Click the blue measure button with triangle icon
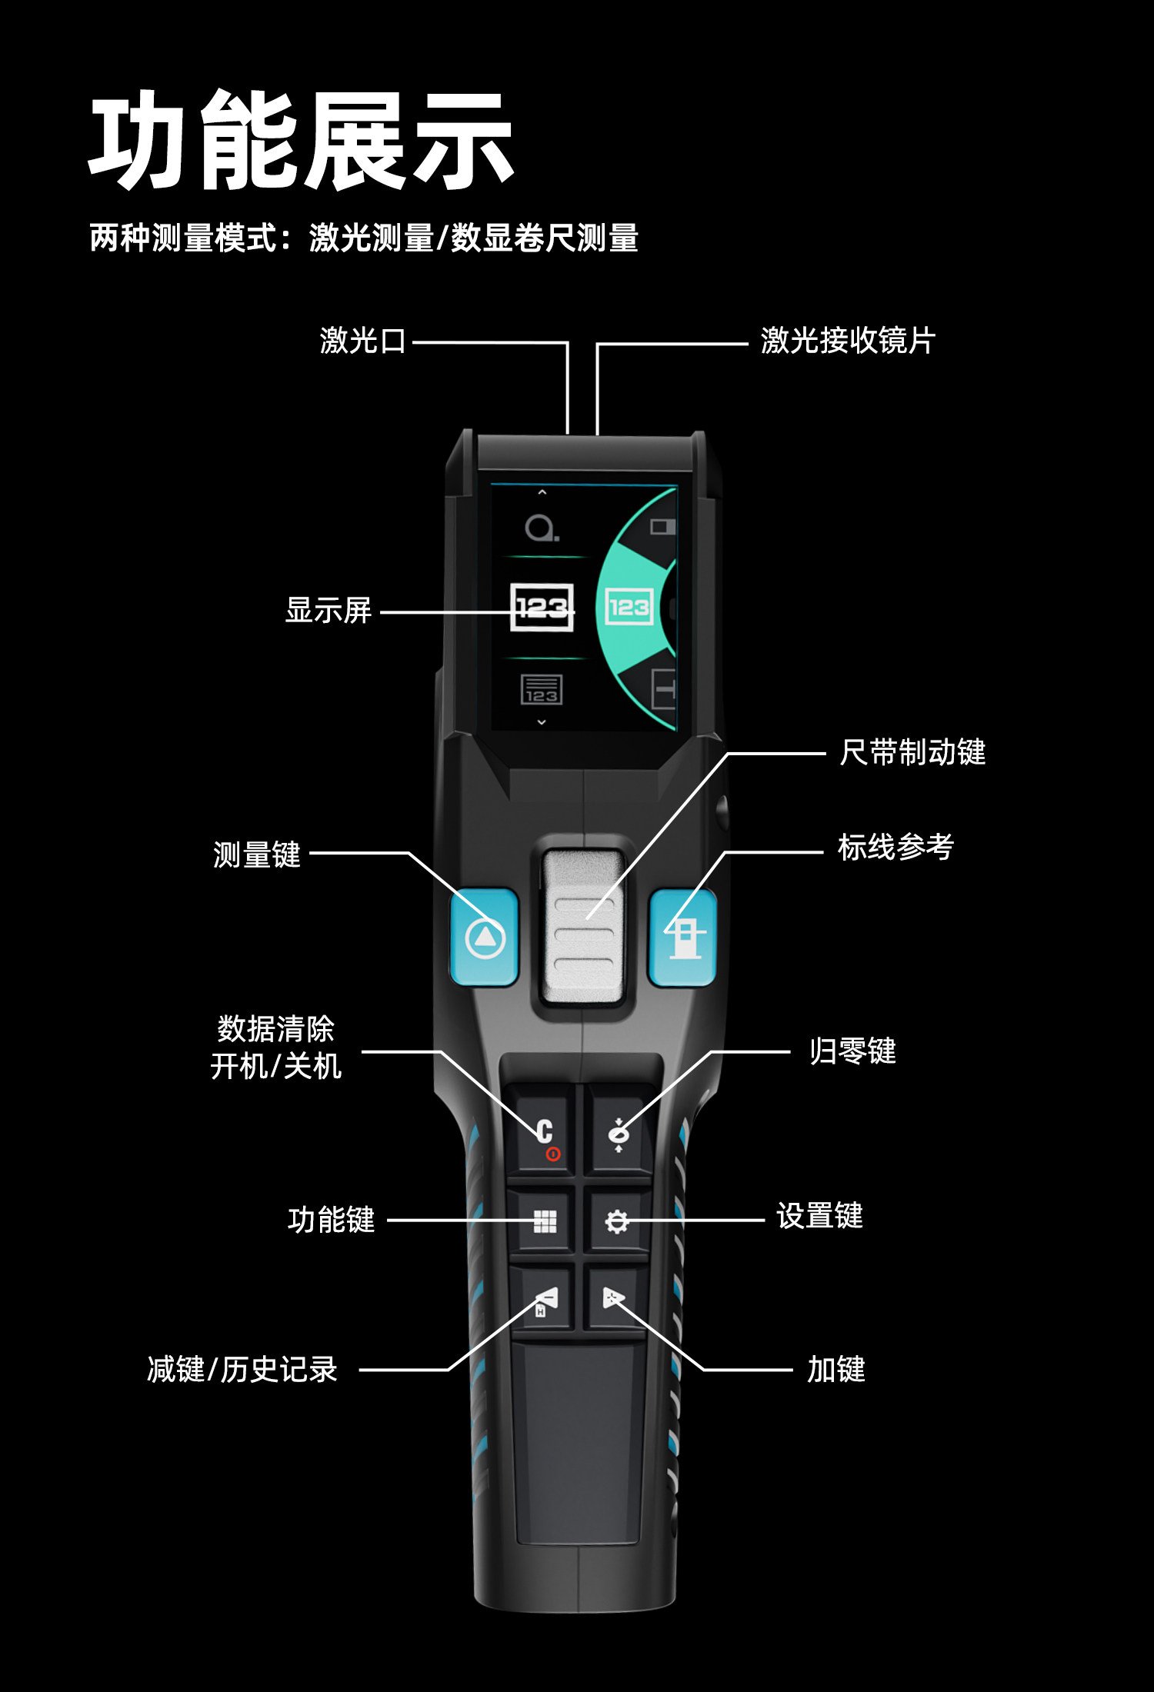click(485, 938)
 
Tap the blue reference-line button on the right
click(683, 938)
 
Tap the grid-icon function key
click(544, 1221)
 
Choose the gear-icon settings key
click(617, 1221)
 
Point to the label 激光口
click(362, 341)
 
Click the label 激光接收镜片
click(848, 341)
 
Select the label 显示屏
click(329, 611)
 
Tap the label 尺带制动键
click(912, 752)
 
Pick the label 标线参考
click(896, 848)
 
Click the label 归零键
click(852, 1051)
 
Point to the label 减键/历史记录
click(242, 1370)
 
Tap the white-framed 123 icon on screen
click(542, 608)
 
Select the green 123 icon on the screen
click(629, 608)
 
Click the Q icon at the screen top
click(541, 528)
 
